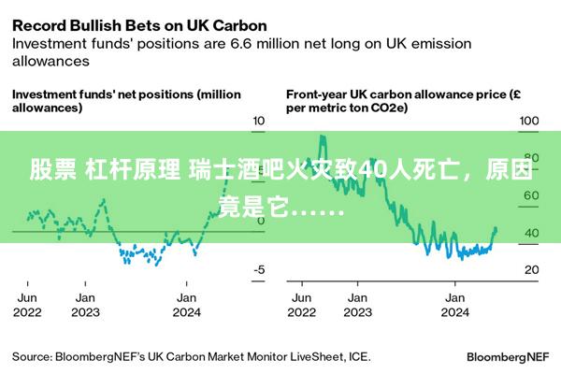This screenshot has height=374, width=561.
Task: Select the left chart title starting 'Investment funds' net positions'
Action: click(x=125, y=101)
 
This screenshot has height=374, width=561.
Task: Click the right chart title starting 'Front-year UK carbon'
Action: click(x=403, y=101)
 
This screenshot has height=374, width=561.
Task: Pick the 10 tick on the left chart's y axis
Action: click(x=260, y=122)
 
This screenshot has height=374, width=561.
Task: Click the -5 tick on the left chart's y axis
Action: click(x=260, y=269)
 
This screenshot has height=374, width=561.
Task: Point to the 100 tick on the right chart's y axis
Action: click(x=529, y=122)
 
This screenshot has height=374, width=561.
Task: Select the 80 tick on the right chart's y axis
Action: click(x=529, y=158)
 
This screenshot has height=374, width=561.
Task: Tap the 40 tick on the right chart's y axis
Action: click(x=529, y=233)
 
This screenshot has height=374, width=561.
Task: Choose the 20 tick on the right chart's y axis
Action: click(x=529, y=269)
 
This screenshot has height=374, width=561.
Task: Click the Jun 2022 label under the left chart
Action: click(x=28, y=305)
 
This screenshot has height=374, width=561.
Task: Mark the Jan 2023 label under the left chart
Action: click(x=85, y=305)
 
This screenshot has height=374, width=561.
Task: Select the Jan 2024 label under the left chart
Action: click(x=188, y=305)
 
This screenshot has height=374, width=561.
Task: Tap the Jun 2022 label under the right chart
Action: click(x=303, y=305)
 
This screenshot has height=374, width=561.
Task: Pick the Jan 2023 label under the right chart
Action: click(x=356, y=305)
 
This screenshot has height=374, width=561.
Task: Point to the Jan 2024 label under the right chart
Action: click(x=454, y=305)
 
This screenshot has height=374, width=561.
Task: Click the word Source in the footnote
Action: click(x=32, y=356)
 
